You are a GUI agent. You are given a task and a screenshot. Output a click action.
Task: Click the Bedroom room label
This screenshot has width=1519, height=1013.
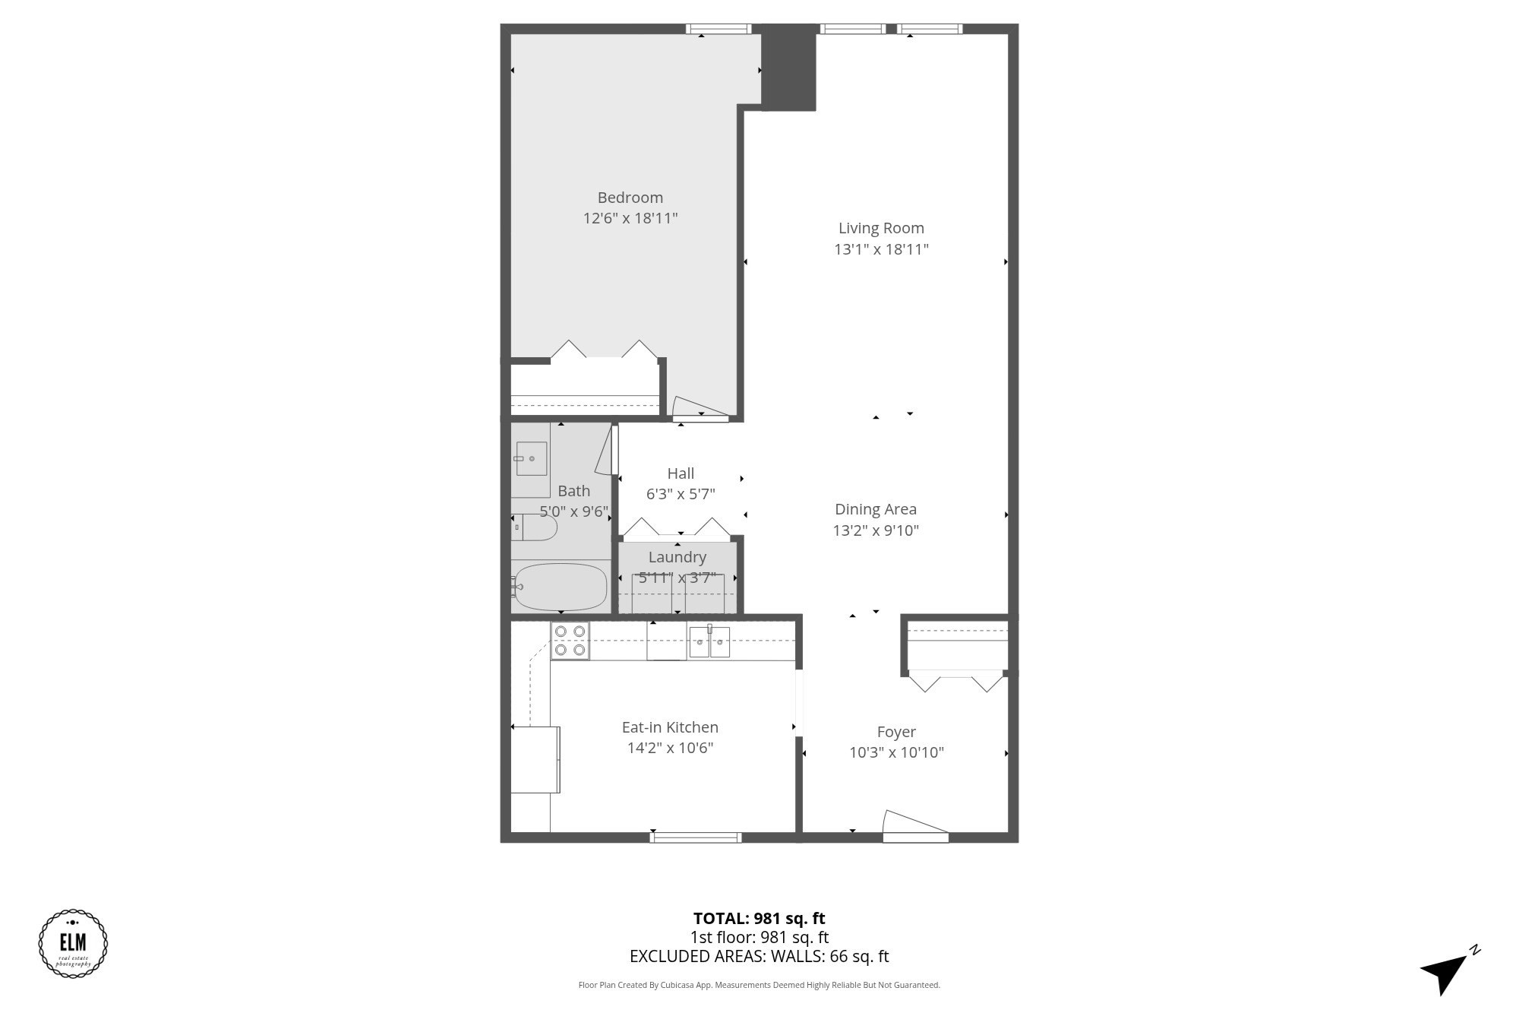(630, 198)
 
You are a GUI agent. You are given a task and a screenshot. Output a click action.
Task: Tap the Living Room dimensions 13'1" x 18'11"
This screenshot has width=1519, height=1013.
(881, 249)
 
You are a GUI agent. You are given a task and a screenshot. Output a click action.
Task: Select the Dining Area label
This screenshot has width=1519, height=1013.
(875, 509)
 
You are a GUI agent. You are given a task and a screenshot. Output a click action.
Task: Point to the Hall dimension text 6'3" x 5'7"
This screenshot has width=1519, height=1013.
(681, 495)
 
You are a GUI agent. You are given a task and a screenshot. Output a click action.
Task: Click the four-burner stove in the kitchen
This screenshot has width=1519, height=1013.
(570, 641)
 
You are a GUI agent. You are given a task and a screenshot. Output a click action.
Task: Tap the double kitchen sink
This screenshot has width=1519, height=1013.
(709, 642)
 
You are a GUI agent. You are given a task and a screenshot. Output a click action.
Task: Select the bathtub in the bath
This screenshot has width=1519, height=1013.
(561, 587)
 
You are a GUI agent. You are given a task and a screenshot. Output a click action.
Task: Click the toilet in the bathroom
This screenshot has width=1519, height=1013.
(535, 527)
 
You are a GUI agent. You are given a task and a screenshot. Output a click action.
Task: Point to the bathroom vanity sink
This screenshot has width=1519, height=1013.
(531, 458)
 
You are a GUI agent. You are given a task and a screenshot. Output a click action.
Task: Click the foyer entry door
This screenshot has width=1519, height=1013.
(915, 827)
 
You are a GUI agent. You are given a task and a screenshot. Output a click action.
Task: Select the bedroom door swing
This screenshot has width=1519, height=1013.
(699, 410)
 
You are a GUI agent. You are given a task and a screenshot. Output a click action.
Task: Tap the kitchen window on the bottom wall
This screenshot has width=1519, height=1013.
(695, 837)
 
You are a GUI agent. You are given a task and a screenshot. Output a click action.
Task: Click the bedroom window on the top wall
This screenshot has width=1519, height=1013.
(718, 29)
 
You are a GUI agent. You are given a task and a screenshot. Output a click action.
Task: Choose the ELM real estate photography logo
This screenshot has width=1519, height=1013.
(73, 943)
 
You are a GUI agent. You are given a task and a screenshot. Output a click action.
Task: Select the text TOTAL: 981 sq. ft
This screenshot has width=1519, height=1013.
(759, 918)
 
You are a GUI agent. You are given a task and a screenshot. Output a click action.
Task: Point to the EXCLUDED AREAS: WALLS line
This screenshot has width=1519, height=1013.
(759, 956)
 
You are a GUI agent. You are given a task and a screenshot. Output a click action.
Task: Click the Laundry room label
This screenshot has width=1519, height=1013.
(677, 557)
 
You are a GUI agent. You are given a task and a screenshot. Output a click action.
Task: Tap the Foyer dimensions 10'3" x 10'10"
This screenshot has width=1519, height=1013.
(896, 752)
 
